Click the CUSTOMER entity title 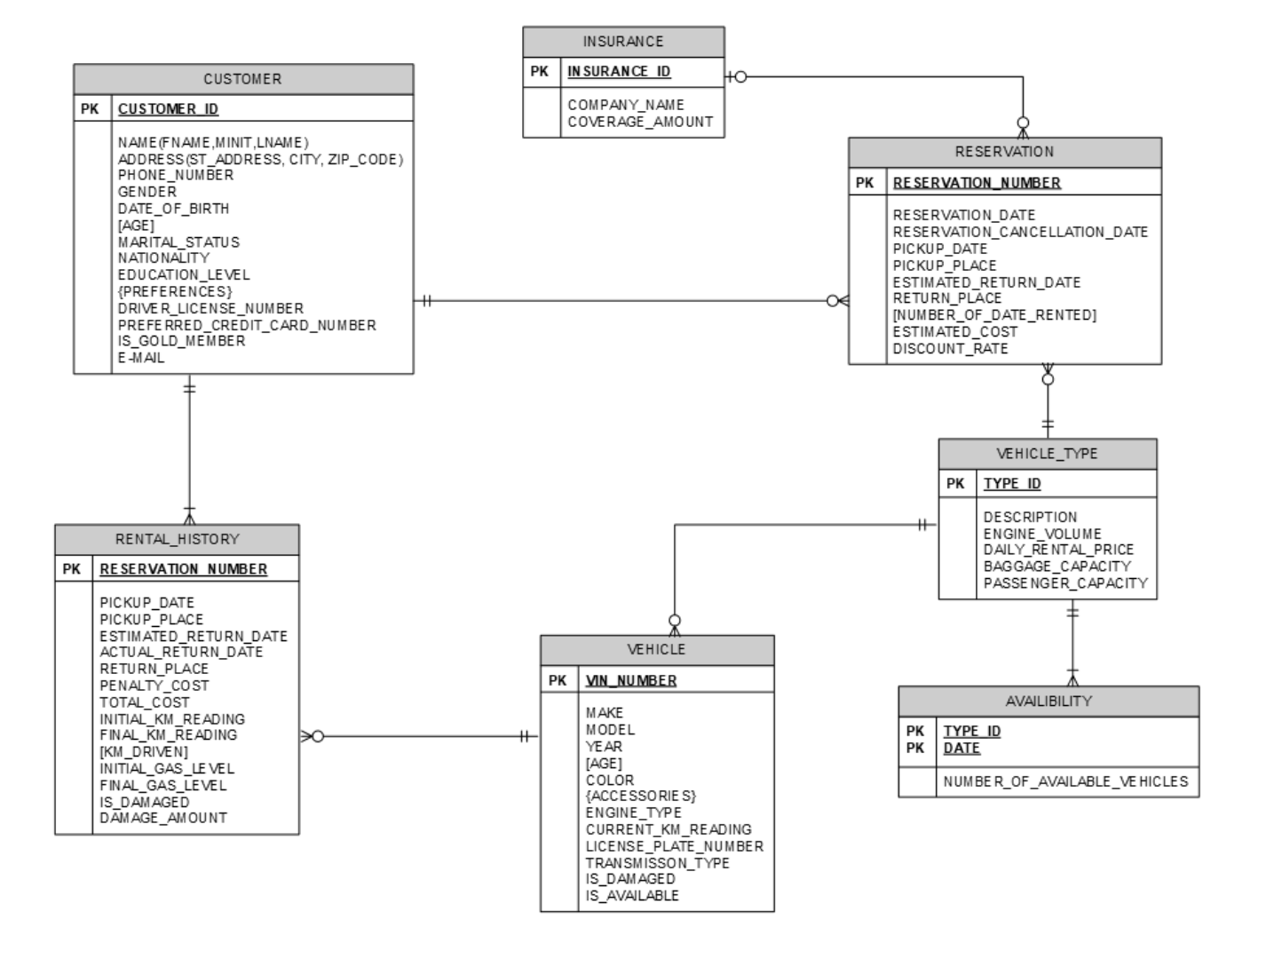[x=242, y=79]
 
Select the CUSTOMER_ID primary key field [x=168, y=109]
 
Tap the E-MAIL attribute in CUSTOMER [x=141, y=358]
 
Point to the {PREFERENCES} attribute [x=175, y=291]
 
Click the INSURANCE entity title [x=623, y=42]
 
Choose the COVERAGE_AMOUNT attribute [x=640, y=122]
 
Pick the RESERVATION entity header [x=1004, y=152]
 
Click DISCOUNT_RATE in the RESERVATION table [x=950, y=348]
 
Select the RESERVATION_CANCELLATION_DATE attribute [x=1020, y=232]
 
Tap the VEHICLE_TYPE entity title [x=1047, y=454]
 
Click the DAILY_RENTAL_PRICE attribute [x=1058, y=550]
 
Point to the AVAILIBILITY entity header [x=1048, y=701]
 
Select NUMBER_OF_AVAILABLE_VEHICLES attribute [x=1065, y=781]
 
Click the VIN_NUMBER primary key [x=631, y=681]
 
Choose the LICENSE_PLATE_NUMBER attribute [x=674, y=846]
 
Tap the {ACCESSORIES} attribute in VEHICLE [x=640, y=796]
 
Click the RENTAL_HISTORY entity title [x=177, y=539]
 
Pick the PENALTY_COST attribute [x=154, y=686]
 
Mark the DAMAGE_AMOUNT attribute [x=163, y=818]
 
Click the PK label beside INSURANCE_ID [x=540, y=72]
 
